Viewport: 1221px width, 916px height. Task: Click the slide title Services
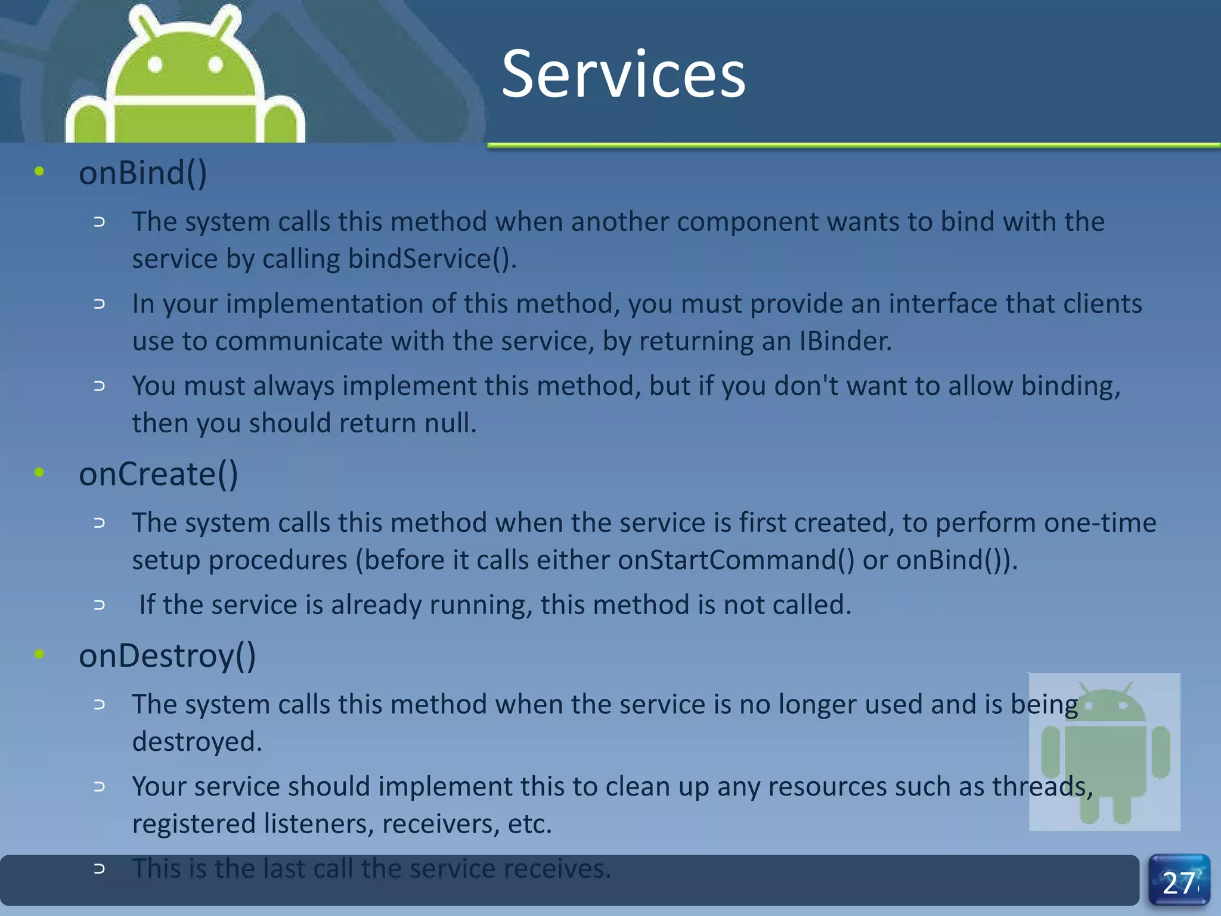point(623,74)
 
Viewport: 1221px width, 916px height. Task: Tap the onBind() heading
point(142,173)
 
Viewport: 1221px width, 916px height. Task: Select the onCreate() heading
point(158,474)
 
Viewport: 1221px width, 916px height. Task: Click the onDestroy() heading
point(167,656)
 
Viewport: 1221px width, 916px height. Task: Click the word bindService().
point(432,259)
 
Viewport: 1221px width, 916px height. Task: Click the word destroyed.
point(197,742)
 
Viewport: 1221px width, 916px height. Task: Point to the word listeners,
point(318,824)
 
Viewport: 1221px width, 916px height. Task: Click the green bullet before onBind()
point(39,172)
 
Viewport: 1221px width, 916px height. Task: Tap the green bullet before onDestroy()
point(39,654)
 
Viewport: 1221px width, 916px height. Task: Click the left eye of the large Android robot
point(155,64)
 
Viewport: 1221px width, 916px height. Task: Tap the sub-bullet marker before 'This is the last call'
point(100,869)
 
